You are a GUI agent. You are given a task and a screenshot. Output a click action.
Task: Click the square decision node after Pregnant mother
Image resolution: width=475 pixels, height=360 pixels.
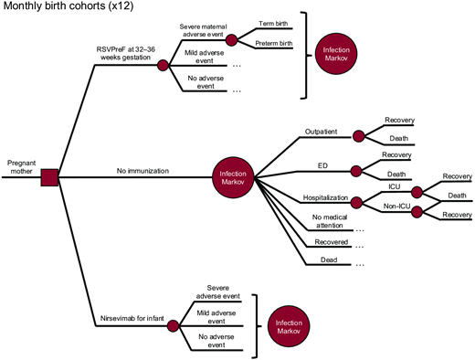[50, 177]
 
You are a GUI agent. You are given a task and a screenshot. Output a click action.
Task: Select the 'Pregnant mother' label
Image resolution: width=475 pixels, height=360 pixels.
[21, 163]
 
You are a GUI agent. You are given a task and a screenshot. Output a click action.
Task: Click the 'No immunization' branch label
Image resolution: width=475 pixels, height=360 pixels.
[140, 170]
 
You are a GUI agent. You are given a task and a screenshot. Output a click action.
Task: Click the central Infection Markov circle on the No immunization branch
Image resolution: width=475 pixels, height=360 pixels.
[233, 176]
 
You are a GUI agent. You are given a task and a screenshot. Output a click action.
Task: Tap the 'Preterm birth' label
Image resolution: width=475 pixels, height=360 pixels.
[274, 44]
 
